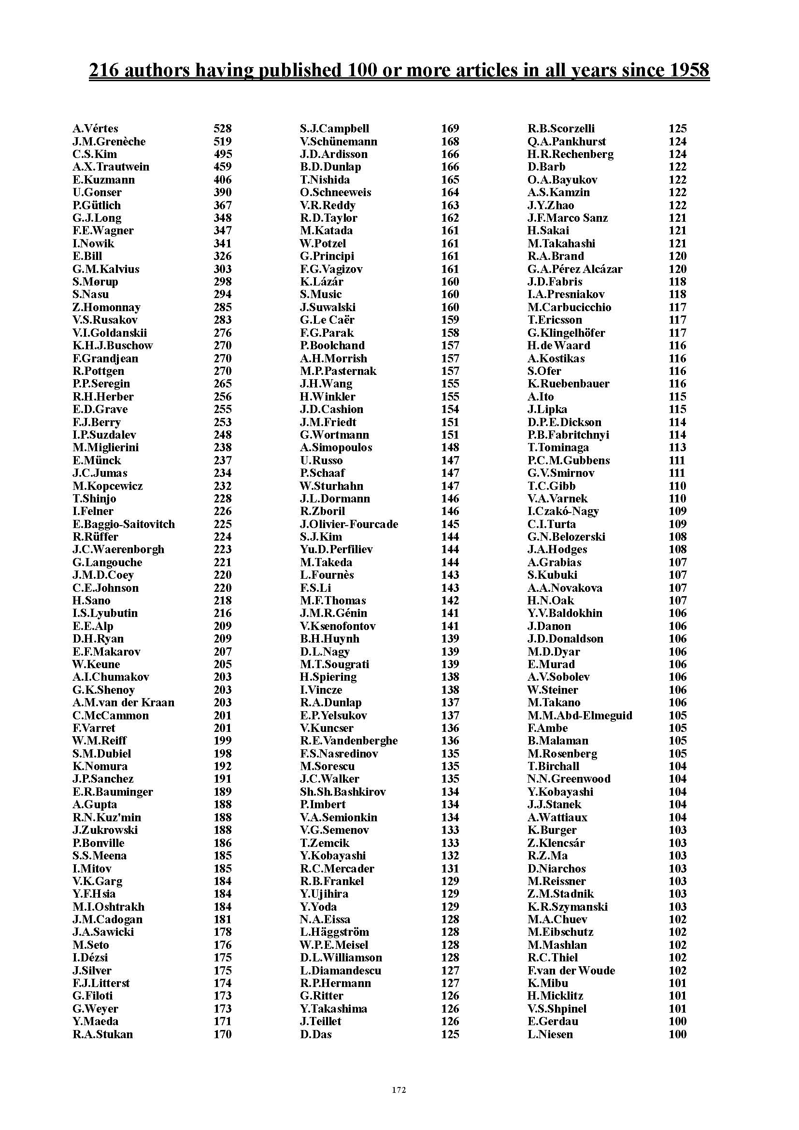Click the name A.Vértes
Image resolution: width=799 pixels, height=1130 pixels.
[x=96, y=129]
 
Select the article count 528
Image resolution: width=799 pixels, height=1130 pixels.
[x=222, y=129]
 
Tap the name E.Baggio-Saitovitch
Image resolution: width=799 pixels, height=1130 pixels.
[x=124, y=524]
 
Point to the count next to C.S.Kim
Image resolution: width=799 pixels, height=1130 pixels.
[x=222, y=154]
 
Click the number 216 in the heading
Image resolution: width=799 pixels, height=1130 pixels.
[x=104, y=71]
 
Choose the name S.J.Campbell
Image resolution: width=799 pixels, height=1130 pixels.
[x=335, y=129]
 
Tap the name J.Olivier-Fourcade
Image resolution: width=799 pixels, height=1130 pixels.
[x=349, y=524]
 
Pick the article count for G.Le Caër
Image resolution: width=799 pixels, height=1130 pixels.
[x=450, y=320]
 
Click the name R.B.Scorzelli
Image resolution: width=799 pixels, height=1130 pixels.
[x=561, y=129]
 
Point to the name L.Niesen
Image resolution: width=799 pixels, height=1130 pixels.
[x=550, y=1034]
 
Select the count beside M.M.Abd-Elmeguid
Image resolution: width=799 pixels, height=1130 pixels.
[x=677, y=715]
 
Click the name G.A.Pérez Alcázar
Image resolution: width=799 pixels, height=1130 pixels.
[x=575, y=269]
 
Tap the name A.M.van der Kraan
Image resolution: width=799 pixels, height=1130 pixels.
[x=124, y=703]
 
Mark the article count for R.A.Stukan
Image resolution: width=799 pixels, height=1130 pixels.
[x=222, y=1034]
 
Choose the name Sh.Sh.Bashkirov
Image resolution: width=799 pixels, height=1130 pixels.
[x=343, y=792]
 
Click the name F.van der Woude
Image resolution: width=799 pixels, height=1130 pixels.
[x=571, y=971]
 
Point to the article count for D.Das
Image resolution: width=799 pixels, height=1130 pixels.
[x=450, y=1034]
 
